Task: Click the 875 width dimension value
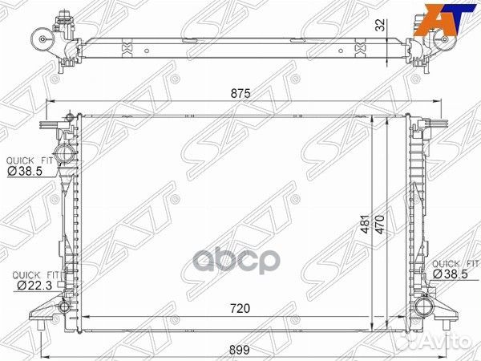point(240,94)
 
